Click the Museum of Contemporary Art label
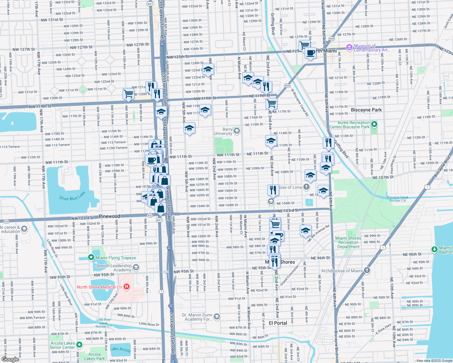point(372,48)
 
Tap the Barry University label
point(223,132)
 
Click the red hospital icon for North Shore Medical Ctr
point(127,286)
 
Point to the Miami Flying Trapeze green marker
point(91,257)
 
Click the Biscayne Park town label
point(366,110)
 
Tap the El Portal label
point(278,323)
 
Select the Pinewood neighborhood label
point(109,216)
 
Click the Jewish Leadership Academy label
point(114,268)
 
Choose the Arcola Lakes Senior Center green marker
point(79,345)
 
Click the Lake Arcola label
point(120,349)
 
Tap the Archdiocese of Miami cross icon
point(367,270)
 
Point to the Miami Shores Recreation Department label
point(348,242)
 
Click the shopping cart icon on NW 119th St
point(128,94)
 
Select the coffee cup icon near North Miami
point(310,53)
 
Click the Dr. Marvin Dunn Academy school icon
point(217,316)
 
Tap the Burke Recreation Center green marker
point(374,124)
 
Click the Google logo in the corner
point(10,359)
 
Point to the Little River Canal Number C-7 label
point(104,323)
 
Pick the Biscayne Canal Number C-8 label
point(398,199)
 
